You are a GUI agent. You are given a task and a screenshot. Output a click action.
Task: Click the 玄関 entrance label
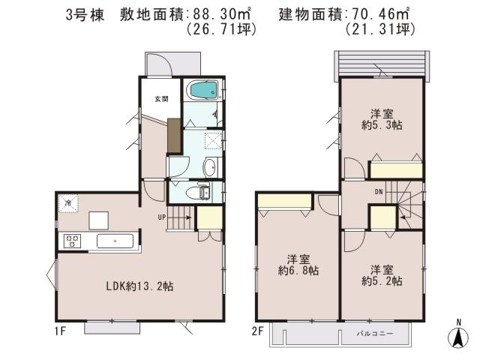pos(161,98)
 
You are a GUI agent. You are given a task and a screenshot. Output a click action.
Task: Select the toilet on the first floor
pos(201,193)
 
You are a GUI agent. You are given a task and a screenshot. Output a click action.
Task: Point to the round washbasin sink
pos(210,167)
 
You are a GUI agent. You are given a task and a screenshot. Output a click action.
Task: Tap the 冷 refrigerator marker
pos(67,203)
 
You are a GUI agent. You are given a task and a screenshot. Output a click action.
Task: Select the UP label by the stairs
pos(160,217)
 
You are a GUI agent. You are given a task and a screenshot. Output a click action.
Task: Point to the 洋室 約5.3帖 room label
pos(381,119)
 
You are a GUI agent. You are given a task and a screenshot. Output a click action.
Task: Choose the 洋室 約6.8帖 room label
pos(298,263)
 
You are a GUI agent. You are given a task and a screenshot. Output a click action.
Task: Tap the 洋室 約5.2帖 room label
pos(381,275)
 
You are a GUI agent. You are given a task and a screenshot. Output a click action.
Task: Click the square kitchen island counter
pos(99,220)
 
